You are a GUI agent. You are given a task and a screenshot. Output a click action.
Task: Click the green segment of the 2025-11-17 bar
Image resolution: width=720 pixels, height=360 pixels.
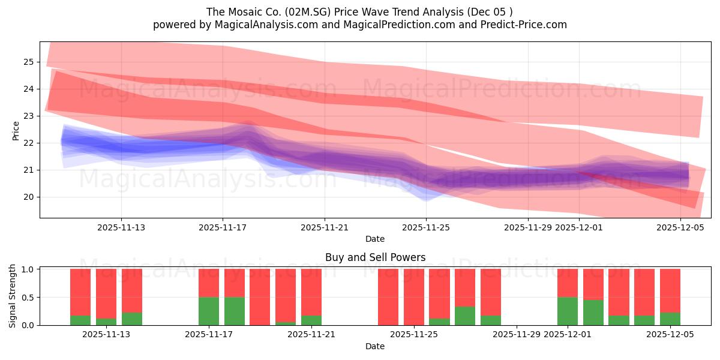209,311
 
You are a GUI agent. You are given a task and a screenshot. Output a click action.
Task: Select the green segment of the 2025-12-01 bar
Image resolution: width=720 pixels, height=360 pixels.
568,311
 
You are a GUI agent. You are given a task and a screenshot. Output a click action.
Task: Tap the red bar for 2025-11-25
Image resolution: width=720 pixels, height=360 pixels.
414,297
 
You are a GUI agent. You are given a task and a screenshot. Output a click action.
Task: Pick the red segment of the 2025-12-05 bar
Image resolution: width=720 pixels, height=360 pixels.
670,290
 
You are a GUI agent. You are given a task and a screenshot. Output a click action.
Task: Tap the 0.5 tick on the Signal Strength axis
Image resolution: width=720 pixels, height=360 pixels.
27,298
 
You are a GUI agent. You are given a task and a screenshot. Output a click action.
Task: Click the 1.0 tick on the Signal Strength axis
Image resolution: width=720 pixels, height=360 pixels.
27,269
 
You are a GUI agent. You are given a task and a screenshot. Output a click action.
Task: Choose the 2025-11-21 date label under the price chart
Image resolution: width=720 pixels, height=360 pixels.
325,227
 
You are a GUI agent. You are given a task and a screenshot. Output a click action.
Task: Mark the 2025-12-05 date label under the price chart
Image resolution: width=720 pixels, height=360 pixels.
680,227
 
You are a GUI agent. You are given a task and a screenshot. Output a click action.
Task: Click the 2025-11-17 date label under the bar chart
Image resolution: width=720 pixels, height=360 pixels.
209,335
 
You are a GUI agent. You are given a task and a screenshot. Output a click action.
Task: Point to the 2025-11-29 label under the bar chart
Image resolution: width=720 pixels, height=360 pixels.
517,335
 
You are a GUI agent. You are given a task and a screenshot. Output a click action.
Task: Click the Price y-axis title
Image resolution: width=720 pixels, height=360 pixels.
16,130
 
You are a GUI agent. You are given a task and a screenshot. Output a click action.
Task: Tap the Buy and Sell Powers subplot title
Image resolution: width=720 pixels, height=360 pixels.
375,257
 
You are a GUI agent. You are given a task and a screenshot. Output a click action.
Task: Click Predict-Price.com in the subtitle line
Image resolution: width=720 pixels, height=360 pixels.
529,25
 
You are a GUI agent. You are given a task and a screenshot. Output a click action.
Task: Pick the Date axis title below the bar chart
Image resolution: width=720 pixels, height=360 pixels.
375,346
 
